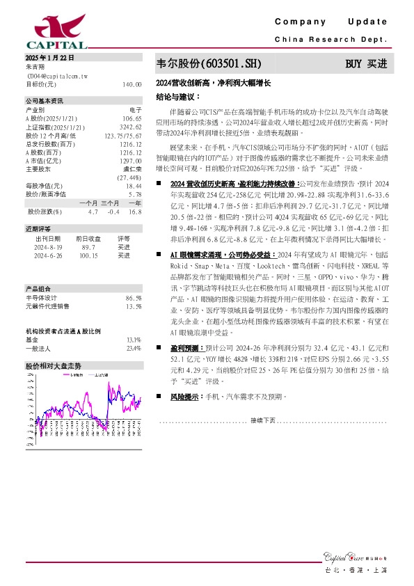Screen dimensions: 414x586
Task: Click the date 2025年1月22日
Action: click(x=49, y=58)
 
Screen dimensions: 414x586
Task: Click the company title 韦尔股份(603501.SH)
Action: click(x=209, y=64)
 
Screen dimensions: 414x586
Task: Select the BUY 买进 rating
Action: click(x=366, y=64)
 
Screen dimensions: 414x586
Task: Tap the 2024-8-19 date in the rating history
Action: click(x=48, y=246)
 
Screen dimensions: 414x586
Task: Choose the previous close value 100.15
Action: click(x=88, y=255)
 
